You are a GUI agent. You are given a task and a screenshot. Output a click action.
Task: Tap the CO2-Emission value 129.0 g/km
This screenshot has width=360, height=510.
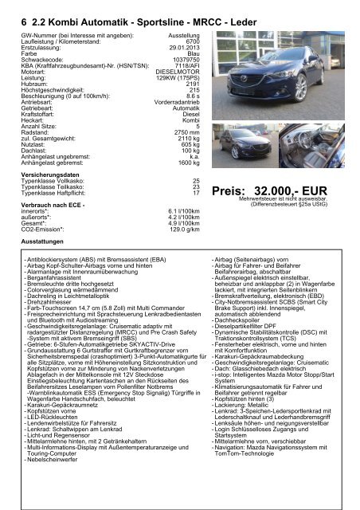(x=168, y=229)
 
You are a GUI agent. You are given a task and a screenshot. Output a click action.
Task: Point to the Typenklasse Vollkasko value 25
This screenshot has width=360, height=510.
(x=184, y=181)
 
